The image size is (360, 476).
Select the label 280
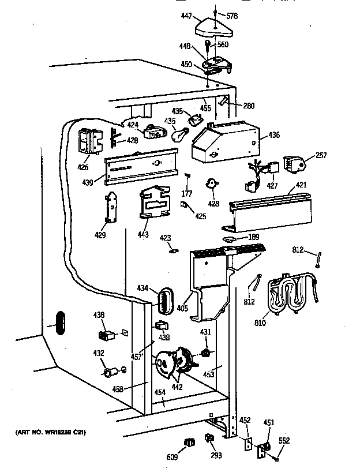249,106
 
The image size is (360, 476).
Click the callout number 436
274,136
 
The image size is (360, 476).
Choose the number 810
260,323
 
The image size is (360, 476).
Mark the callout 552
284,440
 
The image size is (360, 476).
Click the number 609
172,457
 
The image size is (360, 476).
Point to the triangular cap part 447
214,28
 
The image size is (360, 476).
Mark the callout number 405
183,308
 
